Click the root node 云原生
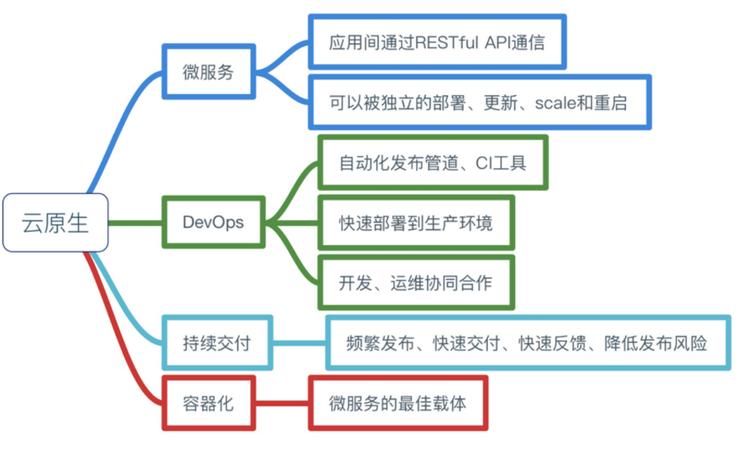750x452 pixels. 56,223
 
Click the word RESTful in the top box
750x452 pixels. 447,42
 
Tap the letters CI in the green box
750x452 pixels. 483,163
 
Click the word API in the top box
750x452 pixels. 498,42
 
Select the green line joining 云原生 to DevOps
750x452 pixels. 136,223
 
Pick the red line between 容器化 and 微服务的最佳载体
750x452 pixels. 282,403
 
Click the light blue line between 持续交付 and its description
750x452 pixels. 299,343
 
